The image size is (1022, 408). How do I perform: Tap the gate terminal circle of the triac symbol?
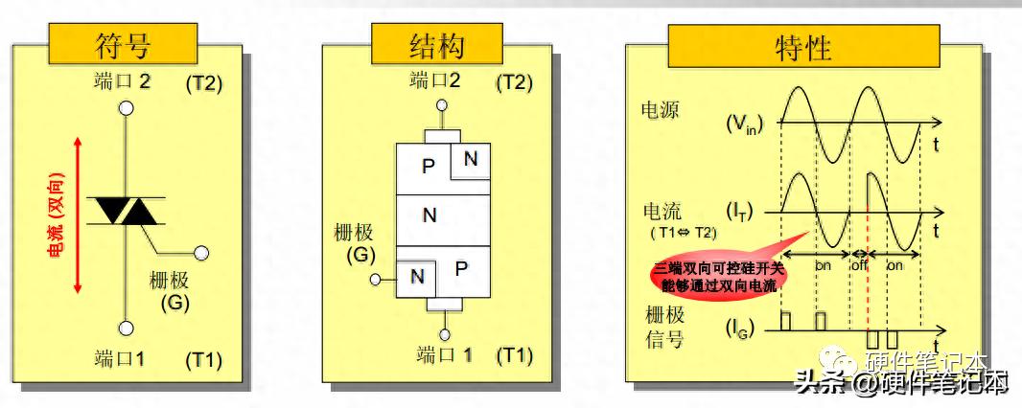[x=200, y=253]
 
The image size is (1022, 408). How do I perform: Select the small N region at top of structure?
[x=470, y=160]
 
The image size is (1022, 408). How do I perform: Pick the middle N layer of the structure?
[x=430, y=216]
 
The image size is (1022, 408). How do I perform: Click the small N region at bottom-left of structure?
[x=417, y=277]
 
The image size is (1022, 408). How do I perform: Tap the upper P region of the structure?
[x=427, y=168]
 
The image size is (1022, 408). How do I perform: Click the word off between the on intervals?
[x=859, y=264]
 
